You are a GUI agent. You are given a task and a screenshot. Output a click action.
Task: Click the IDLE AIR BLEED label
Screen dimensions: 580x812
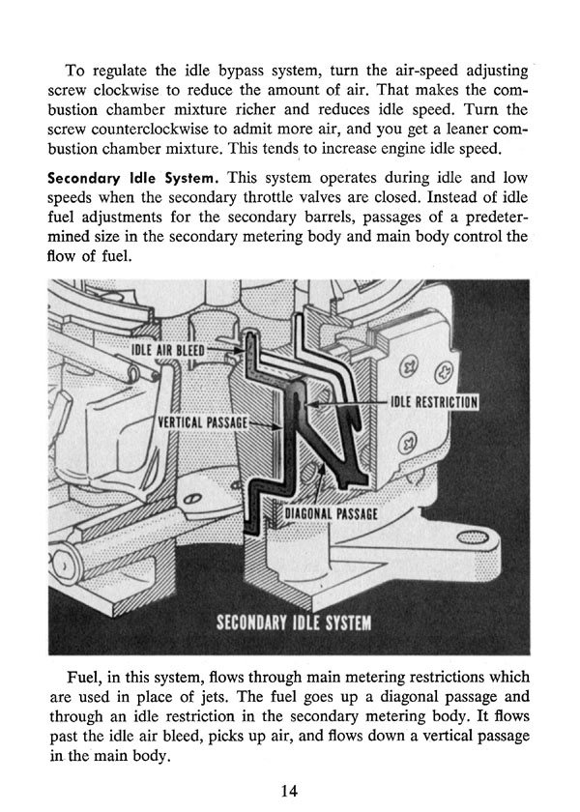(168, 350)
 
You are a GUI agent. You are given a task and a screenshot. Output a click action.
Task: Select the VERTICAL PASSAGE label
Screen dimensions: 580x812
(203, 422)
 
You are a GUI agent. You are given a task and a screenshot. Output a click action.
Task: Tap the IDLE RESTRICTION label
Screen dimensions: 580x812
(433, 402)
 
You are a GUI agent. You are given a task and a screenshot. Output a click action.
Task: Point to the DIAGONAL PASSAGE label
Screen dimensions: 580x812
(331, 513)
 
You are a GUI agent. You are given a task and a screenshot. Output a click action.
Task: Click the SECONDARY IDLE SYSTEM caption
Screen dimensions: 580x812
(294, 622)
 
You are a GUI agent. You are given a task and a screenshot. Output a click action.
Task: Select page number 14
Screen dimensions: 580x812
(289, 791)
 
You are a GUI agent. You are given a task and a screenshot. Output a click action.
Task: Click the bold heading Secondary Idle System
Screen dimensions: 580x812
(130, 179)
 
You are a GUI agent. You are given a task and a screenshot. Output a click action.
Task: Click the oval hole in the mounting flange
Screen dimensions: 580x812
(474, 537)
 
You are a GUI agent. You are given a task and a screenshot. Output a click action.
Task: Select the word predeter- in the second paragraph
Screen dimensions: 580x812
(497, 217)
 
